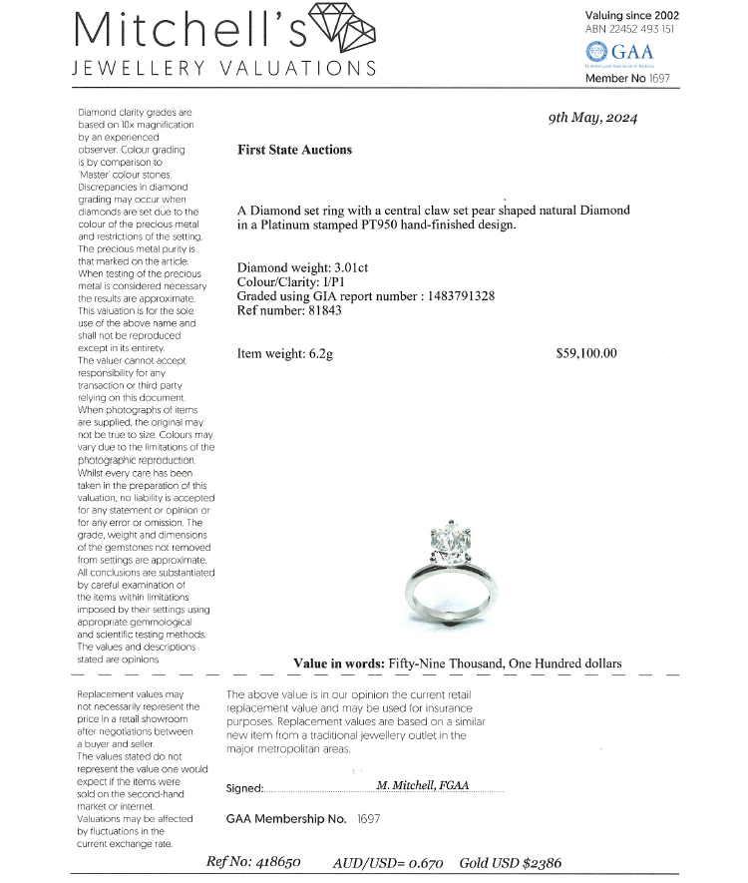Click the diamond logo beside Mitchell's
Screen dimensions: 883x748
pyautogui.click(x=342, y=30)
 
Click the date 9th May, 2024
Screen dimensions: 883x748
pyautogui.click(x=592, y=118)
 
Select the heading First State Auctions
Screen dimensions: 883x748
pyautogui.click(x=294, y=150)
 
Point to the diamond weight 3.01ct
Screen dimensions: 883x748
pyautogui.click(x=344, y=267)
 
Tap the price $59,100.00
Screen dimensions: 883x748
pyautogui.click(x=586, y=353)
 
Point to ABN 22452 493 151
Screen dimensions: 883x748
pyautogui.click(x=630, y=29)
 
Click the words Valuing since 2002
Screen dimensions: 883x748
pyautogui.click(x=632, y=16)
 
